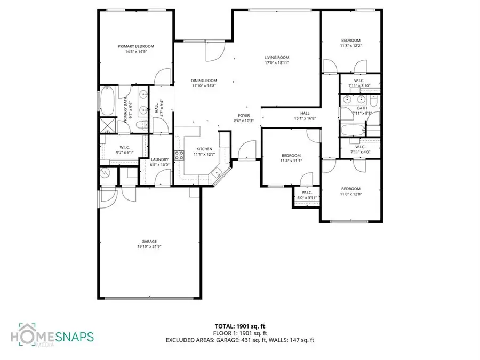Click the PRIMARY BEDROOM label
point(136,46)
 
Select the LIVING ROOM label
point(277,58)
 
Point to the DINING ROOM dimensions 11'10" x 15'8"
point(204,85)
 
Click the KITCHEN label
point(204,149)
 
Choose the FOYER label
point(244,115)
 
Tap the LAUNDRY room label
point(160,159)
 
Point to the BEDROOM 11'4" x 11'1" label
point(292,156)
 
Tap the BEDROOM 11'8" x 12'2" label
point(351,41)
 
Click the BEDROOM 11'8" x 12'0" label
point(351,189)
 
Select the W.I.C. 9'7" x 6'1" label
point(125,148)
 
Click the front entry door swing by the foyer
point(246,151)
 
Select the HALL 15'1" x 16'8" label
point(305,113)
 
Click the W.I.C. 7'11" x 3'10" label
point(359,81)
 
